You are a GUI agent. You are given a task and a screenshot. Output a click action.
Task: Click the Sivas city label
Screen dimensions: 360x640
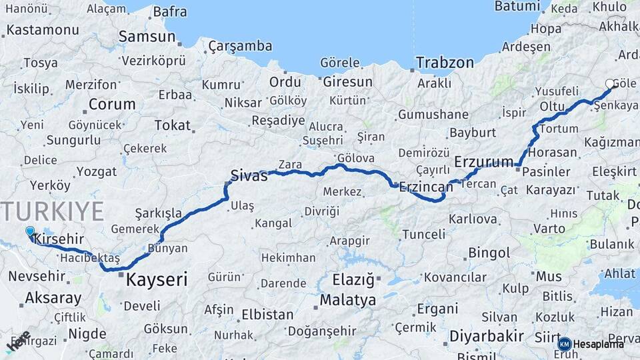click(x=249, y=176)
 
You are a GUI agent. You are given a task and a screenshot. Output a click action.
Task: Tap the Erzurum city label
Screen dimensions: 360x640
click(x=484, y=162)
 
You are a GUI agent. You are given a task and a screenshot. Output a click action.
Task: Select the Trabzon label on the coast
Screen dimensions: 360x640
click(x=445, y=63)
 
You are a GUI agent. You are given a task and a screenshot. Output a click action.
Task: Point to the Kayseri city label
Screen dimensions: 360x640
click(x=157, y=279)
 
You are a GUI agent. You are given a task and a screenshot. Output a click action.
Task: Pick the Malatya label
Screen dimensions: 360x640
click(x=347, y=300)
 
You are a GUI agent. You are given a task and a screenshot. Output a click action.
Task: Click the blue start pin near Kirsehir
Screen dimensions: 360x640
click(x=30, y=232)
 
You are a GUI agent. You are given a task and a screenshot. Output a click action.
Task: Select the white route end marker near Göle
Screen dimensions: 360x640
click(x=610, y=84)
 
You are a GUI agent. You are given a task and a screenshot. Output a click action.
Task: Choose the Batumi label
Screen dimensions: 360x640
click(x=517, y=6)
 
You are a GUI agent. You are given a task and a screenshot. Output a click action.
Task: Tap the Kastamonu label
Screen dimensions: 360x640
click(x=43, y=30)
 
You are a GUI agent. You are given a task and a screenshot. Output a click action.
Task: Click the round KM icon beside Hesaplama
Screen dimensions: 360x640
click(x=565, y=344)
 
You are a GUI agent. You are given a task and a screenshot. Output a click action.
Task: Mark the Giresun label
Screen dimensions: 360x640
click(x=347, y=82)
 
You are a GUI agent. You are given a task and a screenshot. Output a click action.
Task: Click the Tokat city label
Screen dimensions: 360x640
click(x=172, y=125)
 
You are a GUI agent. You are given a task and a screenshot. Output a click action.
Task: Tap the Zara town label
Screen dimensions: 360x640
click(x=290, y=165)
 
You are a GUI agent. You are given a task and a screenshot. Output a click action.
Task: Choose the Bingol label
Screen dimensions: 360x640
click(x=489, y=253)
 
